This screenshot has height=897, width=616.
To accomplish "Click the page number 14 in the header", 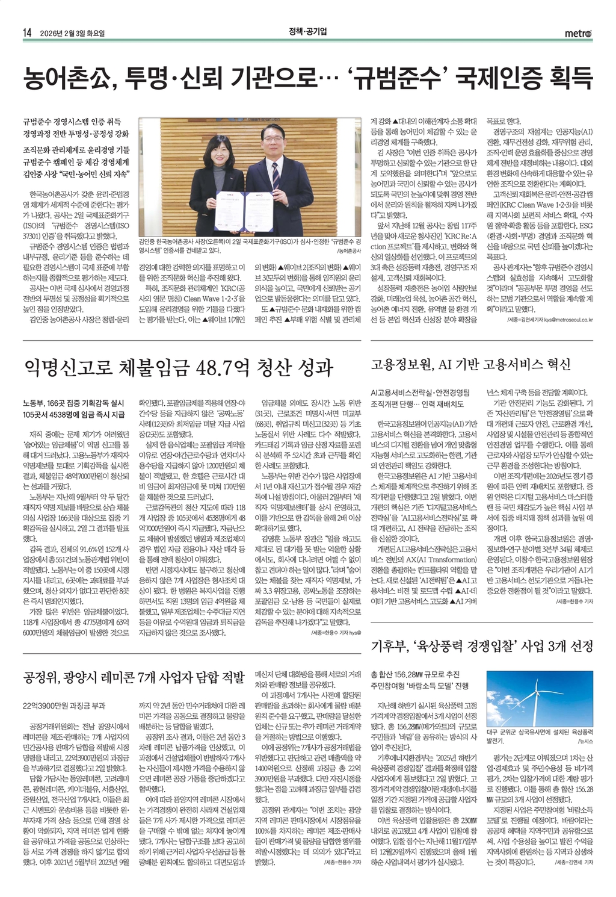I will tap(27, 33).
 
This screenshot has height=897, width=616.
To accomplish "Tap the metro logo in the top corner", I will tap(578, 33).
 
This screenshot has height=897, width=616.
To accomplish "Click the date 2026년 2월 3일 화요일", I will tap(72, 33).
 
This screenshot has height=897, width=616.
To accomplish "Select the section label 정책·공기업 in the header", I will tap(307, 33).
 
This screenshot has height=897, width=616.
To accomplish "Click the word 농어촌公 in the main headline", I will tap(66, 78).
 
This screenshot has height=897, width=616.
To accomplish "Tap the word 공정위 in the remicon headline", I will tap(43, 677).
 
